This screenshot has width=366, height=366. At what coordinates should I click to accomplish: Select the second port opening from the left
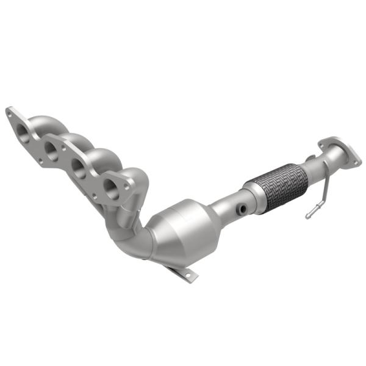[x=52, y=148]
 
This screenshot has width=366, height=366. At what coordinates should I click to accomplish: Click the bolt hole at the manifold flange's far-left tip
[x=9, y=112]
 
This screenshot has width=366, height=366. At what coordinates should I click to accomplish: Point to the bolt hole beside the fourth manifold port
[x=128, y=181]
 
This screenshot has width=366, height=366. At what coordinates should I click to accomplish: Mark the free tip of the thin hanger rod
[x=309, y=216]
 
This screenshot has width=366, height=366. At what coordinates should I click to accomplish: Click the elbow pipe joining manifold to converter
[x=128, y=235]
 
